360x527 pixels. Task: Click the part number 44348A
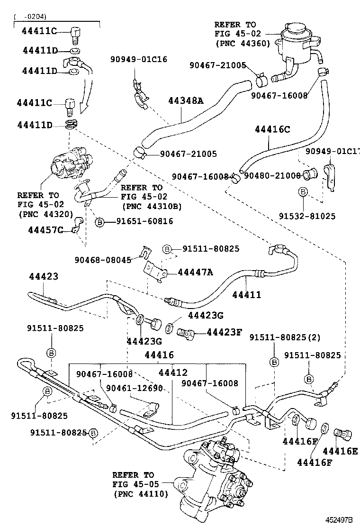tap(186, 100)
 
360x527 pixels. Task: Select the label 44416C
tap(273, 129)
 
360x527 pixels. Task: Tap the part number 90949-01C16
tap(139, 59)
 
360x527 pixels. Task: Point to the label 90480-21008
tap(272, 176)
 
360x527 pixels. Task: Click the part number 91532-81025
tap(307, 216)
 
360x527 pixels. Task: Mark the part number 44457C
tap(45, 230)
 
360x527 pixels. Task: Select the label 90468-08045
tap(103, 259)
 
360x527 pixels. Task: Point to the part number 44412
tap(172, 373)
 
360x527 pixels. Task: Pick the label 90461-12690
tap(135, 388)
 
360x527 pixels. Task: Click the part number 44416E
tap(340, 451)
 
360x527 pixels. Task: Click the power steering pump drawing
tap(70, 164)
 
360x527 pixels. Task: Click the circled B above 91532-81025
tap(303, 192)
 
